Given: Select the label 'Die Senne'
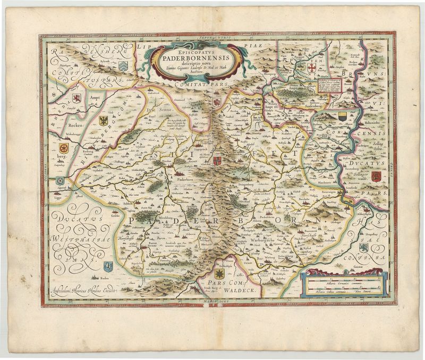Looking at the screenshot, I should coord(157,109).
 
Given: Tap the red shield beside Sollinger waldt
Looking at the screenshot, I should coord(375,175).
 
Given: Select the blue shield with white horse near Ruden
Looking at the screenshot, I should coord(108,265).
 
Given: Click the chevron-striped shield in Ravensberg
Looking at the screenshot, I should coord(123,65).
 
